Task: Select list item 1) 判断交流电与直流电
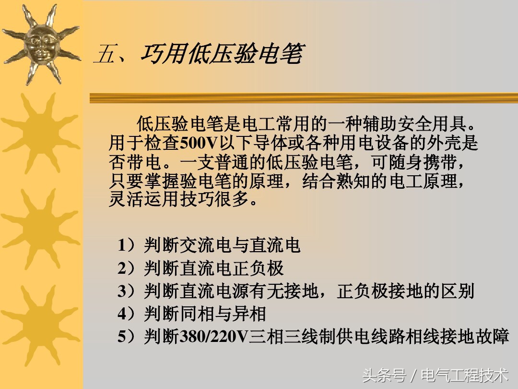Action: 209,245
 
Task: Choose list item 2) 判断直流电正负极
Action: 201,268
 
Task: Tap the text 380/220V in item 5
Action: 213,337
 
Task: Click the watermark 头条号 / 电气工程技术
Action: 435,375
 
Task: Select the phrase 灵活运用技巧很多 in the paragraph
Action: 180,198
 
